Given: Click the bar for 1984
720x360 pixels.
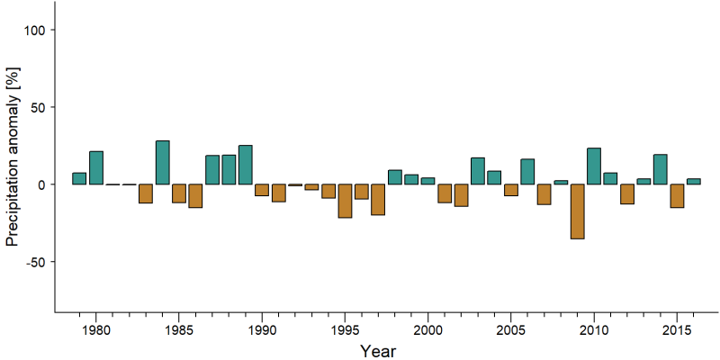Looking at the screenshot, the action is pos(163,163).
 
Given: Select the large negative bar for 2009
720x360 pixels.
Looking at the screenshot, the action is pos(578,211).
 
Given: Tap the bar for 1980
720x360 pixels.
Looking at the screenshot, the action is pos(96,167).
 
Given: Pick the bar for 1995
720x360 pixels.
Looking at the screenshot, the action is pos(345,201).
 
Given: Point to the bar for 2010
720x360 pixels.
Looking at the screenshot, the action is pos(594,166).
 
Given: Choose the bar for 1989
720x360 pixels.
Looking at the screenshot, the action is pos(245,165).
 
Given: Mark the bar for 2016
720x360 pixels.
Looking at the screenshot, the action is pos(694,182).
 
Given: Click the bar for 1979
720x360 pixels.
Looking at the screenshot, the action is pos(79,178).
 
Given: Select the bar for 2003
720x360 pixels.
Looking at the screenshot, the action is pos(478,171).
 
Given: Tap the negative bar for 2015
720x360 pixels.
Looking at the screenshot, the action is pos(677,196).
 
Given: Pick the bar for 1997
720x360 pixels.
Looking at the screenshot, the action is pos(378,200).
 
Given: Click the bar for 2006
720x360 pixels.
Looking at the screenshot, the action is pos(527,172).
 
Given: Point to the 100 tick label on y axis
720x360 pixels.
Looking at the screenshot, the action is pos(36,30).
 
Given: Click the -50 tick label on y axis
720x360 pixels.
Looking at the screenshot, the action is pos(37,262).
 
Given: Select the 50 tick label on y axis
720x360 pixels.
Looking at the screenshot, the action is pos(40,107).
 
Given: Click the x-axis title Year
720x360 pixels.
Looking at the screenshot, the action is pos(377,351).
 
